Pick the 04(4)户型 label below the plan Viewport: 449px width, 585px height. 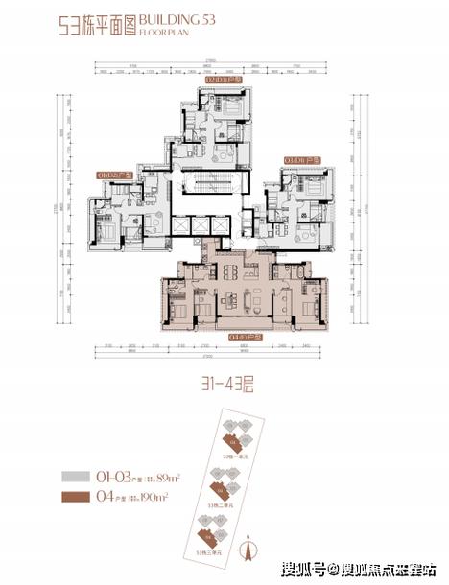(x=228, y=339)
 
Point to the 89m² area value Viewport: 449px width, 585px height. (x=167, y=474)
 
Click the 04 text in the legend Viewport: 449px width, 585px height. (x=101, y=498)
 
